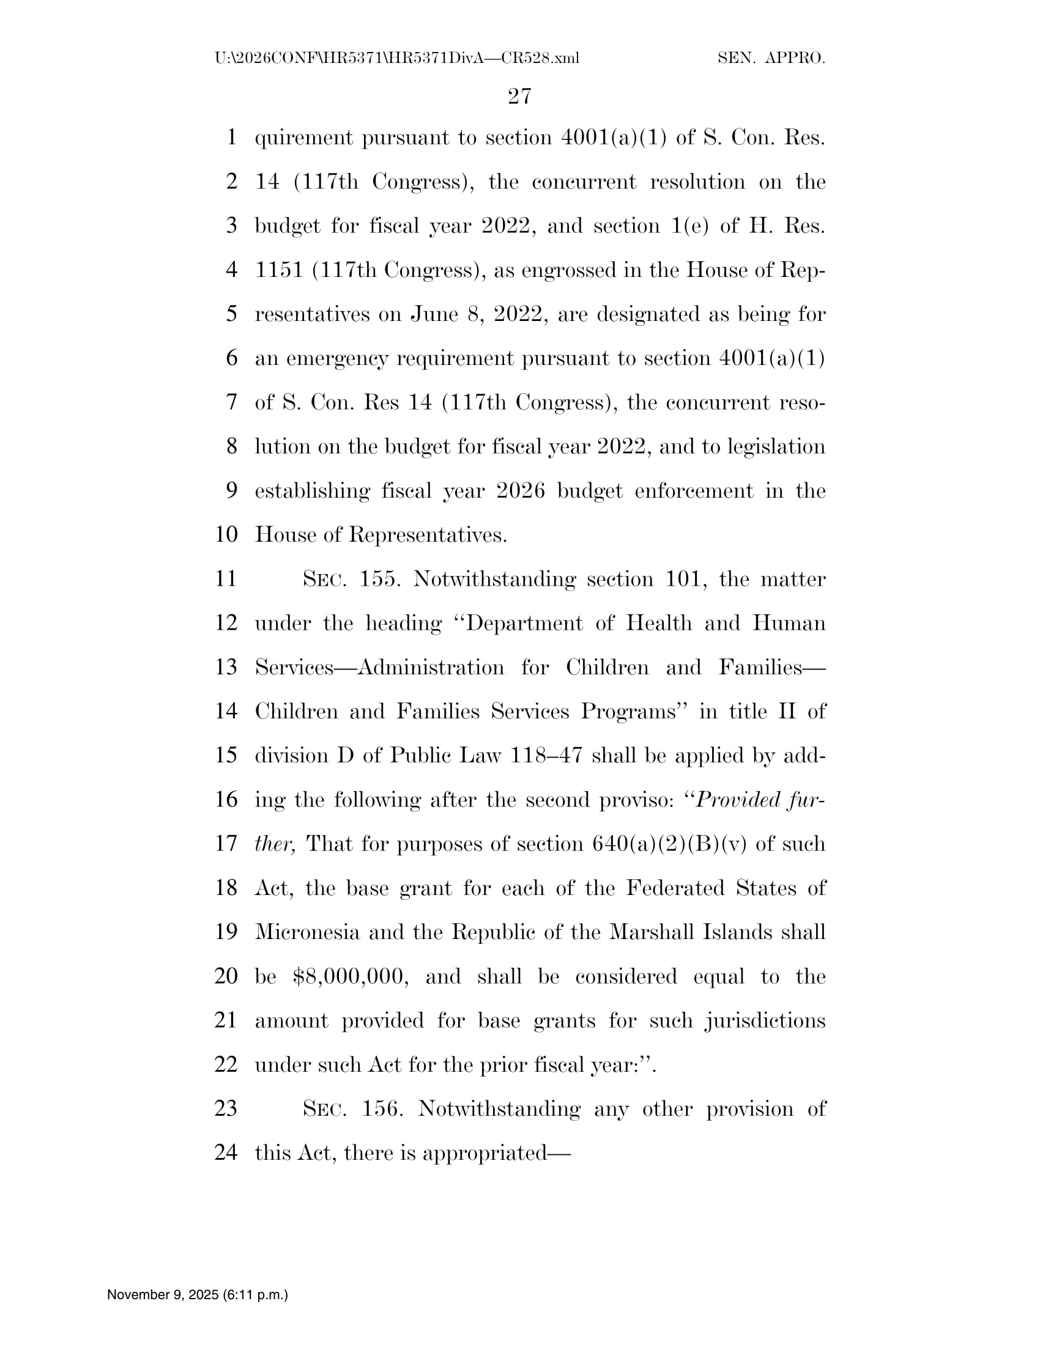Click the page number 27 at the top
coord(519,96)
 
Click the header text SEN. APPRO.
coord(771,59)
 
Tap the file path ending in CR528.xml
coord(397,59)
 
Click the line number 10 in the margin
coord(226,534)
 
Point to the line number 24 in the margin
coord(226,1152)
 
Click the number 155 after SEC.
coord(377,579)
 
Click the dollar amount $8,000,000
coord(351,976)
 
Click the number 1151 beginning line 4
coord(279,270)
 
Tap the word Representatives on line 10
coord(428,534)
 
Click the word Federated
coord(675,888)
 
